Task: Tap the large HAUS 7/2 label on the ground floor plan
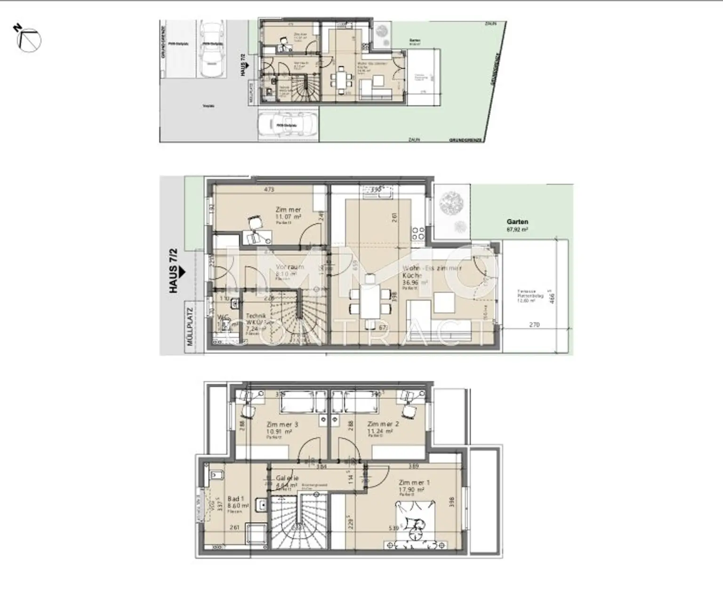(x=174, y=278)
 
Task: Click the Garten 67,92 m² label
(x=517, y=225)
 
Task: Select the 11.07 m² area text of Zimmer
(x=288, y=217)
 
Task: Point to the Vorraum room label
(x=289, y=267)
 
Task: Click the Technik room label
(x=256, y=316)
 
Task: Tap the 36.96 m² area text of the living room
(x=415, y=283)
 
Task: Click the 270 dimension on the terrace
(x=534, y=325)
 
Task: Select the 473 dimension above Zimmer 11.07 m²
(x=269, y=190)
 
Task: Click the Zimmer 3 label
(x=282, y=424)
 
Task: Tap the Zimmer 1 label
(x=414, y=482)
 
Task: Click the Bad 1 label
(x=235, y=499)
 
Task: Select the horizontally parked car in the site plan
(x=286, y=125)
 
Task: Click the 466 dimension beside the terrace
(x=553, y=298)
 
